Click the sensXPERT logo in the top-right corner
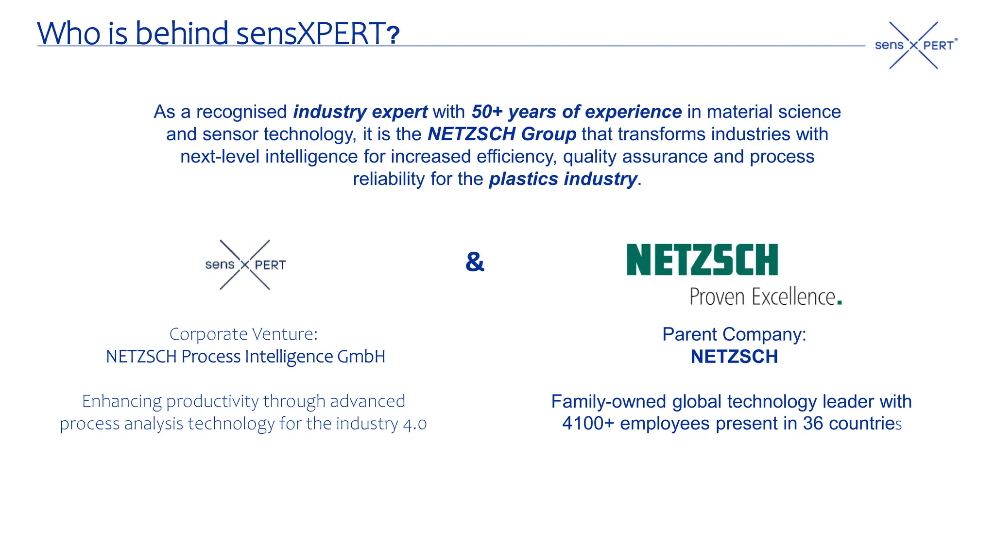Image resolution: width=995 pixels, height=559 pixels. point(914,45)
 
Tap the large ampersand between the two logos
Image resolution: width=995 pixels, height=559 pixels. point(475,262)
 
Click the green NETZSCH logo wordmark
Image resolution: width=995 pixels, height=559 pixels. point(702,260)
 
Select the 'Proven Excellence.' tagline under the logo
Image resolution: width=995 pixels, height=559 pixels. point(765,296)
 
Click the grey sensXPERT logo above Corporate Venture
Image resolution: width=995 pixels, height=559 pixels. point(245,264)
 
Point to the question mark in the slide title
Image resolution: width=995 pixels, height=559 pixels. point(393,35)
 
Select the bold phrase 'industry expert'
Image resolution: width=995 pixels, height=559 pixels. point(360,112)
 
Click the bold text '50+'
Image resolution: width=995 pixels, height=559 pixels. point(487,112)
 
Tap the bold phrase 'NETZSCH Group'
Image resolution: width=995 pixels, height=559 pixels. point(502,134)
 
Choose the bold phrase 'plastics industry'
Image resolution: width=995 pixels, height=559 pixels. point(563,179)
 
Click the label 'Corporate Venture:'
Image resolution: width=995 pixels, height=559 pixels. point(243,334)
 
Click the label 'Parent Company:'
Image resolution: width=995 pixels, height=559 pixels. point(734,334)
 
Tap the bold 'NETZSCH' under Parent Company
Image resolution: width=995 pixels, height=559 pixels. point(734,357)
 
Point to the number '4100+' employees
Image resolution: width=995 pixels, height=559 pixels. point(588,424)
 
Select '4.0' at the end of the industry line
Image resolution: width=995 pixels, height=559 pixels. point(415,424)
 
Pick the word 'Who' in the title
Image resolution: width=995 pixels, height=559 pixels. point(69,33)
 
